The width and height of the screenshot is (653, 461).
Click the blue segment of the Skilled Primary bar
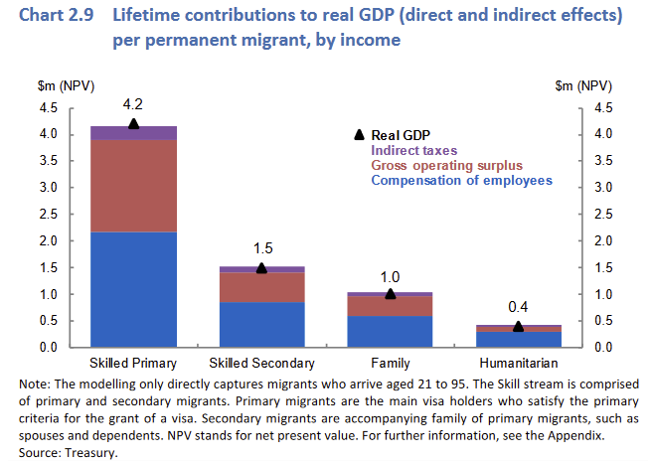(133, 289)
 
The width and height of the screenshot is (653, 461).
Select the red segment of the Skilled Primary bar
(133, 186)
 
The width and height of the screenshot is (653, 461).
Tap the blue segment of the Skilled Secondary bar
(261, 324)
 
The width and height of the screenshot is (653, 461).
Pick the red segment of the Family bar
(390, 305)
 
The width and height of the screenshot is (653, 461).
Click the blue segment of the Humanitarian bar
(518, 338)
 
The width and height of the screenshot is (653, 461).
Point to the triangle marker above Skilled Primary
(134, 123)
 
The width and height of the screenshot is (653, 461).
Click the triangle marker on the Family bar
(391, 293)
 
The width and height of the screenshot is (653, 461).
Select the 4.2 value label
(134, 103)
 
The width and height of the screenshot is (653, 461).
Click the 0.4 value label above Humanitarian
(518, 306)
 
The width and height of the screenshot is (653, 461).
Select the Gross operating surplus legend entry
(446, 164)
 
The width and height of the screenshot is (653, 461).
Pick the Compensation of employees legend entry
(461, 180)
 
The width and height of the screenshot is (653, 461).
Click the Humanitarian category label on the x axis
(518, 363)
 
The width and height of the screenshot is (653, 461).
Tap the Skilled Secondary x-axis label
(262, 363)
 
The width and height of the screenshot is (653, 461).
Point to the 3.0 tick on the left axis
(48, 188)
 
